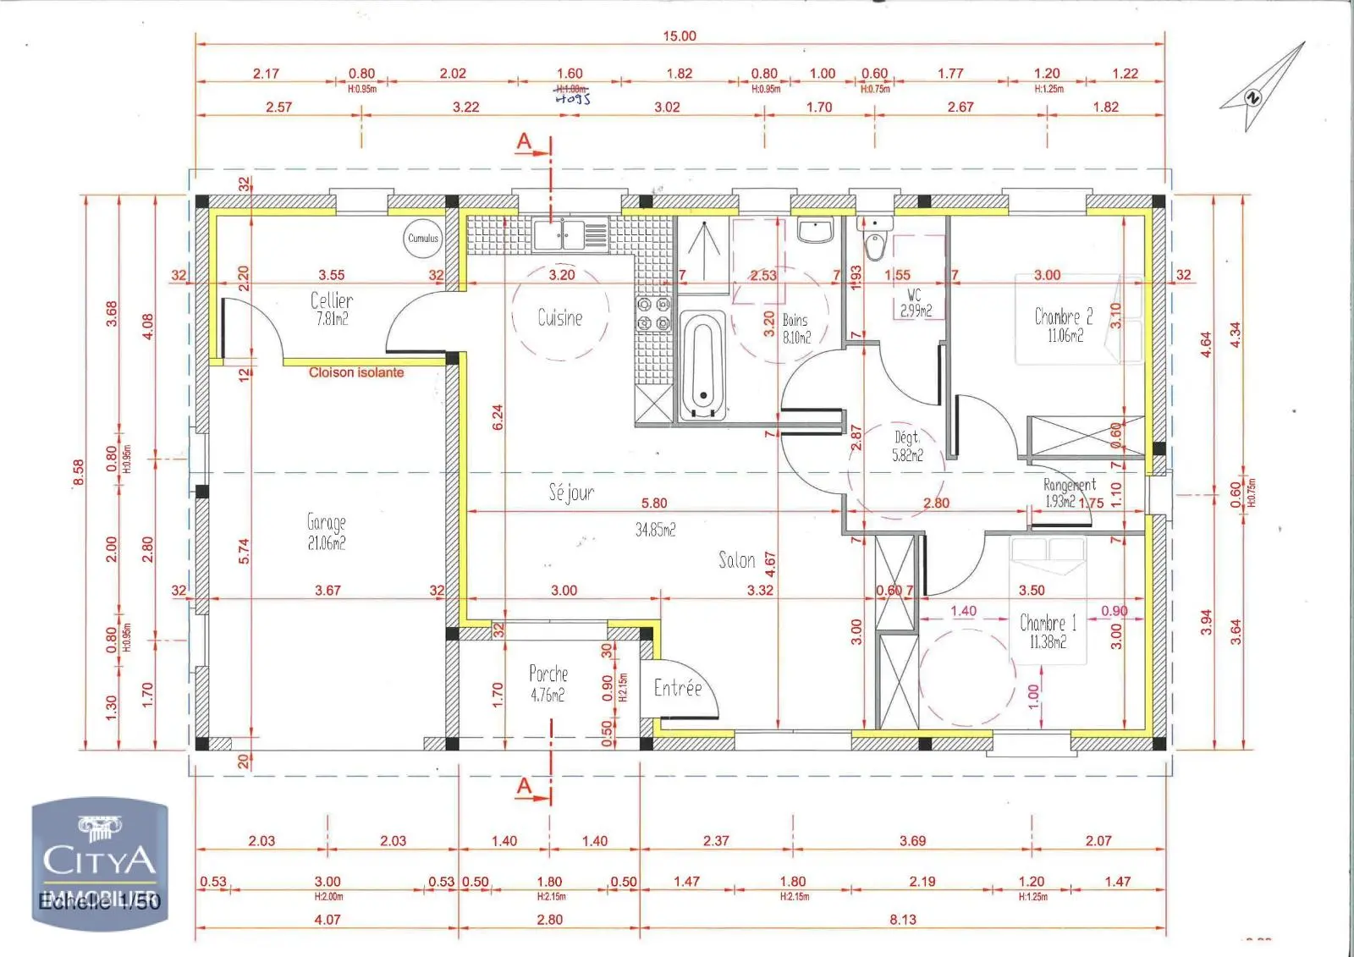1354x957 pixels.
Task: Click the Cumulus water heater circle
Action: point(423,239)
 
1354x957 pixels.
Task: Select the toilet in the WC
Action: point(874,244)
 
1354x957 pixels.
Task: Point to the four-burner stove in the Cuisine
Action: point(653,314)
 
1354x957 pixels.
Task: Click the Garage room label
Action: point(327,523)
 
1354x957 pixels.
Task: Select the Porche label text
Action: point(548,674)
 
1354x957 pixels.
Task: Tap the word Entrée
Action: point(678,689)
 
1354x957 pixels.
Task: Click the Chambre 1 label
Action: point(1048,624)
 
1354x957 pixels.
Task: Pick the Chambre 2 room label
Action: point(1064,317)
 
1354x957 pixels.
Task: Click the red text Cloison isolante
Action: point(356,372)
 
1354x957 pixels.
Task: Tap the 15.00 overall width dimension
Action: point(680,36)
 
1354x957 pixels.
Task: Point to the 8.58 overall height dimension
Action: point(79,472)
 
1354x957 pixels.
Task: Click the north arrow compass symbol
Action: point(1263,88)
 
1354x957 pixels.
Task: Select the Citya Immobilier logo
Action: point(100,863)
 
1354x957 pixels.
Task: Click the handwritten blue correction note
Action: point(573,98)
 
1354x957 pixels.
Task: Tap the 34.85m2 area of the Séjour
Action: point(656,531)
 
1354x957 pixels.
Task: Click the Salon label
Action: point(736,560)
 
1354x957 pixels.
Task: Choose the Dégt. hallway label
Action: point(906,437)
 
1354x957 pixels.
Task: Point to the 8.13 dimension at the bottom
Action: point(903,920)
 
